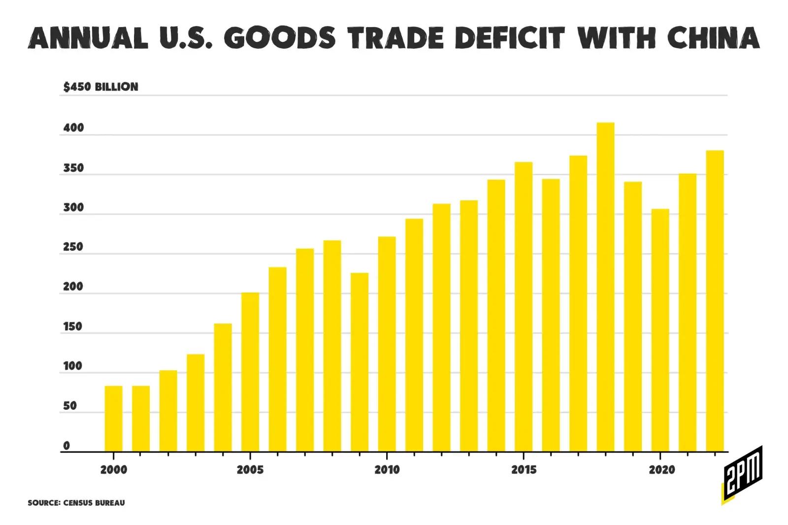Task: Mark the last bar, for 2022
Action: click(715, 301)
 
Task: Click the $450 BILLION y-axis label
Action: click(101, 87)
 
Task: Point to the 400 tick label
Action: click(74, 128)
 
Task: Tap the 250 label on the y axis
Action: click(73, 247)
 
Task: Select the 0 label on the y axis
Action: click(66, 446)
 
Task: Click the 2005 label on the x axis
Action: click(250, 470)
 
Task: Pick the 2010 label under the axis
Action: click(387, 470)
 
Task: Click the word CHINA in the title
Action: click(714, 38)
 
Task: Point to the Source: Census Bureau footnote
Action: click(76, 503)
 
